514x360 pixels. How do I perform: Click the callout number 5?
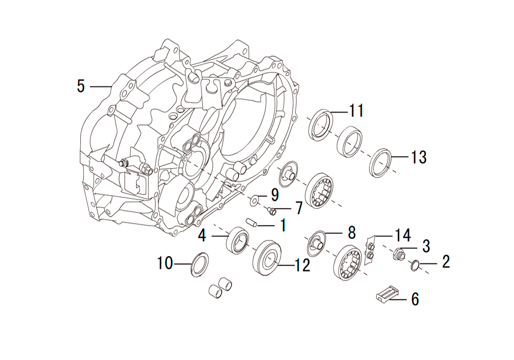coord(81,86)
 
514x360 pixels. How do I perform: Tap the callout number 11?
coord(356,111)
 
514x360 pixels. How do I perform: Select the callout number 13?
coord(418,157)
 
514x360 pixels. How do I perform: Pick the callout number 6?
coord(415,299)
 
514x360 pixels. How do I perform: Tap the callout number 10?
coord(165,263)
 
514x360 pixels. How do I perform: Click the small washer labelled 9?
coord(254,199)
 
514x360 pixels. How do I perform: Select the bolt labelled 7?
coord(271,211)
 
